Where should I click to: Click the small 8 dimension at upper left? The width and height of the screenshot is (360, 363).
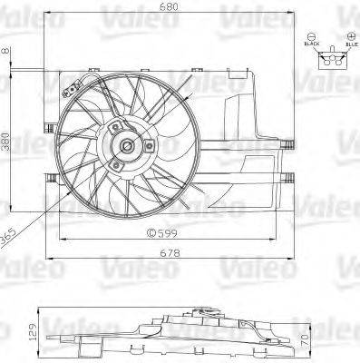click(7, 52)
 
